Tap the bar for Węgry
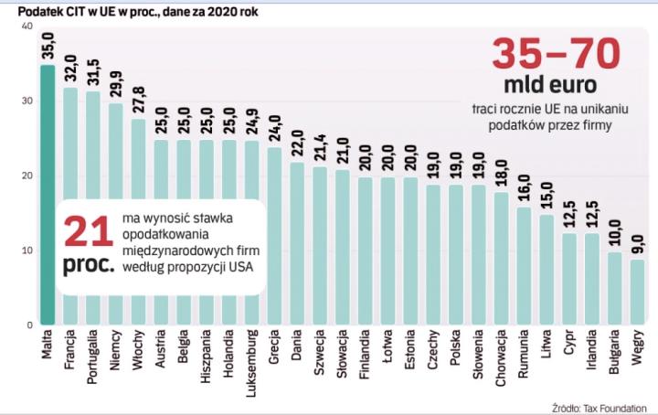pyautogui.click(x=637, y=293)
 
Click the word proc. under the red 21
pyautogui.click(x=87, y=264)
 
